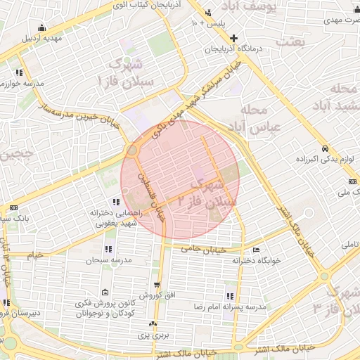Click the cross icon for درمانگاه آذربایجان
(x=234, y=38)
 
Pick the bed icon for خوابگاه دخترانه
(x=256, y=250)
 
